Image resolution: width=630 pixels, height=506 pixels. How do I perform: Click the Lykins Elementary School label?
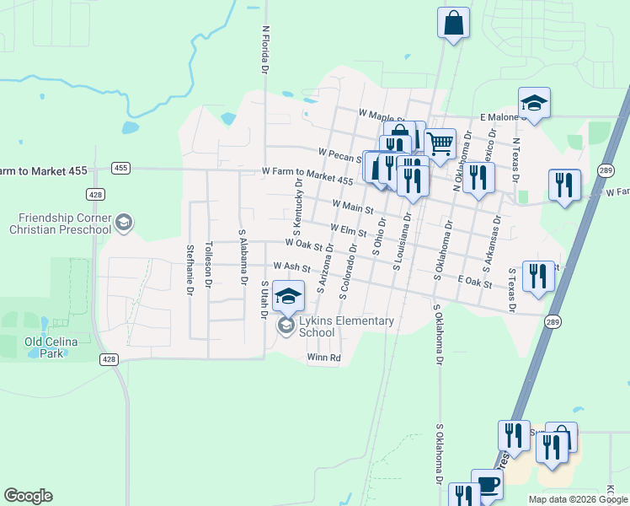click(340, 326)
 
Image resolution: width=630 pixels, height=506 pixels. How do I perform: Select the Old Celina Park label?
click(45, 347)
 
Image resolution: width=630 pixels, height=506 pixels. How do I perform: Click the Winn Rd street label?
click(323, 358)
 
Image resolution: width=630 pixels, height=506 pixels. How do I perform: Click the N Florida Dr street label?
click(265, 50)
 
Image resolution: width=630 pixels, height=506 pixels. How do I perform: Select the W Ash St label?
click(292, 267)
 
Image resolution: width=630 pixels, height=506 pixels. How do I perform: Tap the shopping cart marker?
click(440, 143)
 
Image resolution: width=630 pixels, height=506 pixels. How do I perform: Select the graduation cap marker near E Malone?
click(534, 103)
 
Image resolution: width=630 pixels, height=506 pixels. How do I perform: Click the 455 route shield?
click(120, 168)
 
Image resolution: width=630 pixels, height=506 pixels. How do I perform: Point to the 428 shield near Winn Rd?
click(109, 359)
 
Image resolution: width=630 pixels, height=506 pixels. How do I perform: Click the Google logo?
click(28, 496)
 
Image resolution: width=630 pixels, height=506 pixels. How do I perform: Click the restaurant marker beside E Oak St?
click(538, 276)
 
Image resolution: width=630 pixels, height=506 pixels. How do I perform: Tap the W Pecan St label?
click(341, 153)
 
